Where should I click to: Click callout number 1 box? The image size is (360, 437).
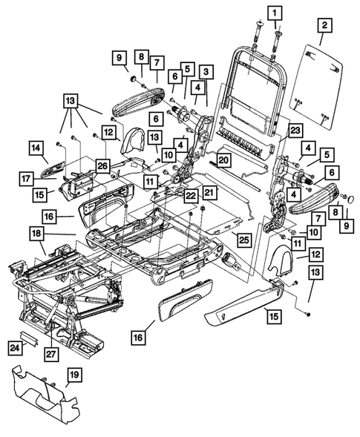click(275, 13)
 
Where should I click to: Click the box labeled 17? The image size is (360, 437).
click(27, 178)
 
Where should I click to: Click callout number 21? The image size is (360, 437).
click(209, 192)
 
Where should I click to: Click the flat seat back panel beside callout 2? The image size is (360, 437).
click(321, 82)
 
